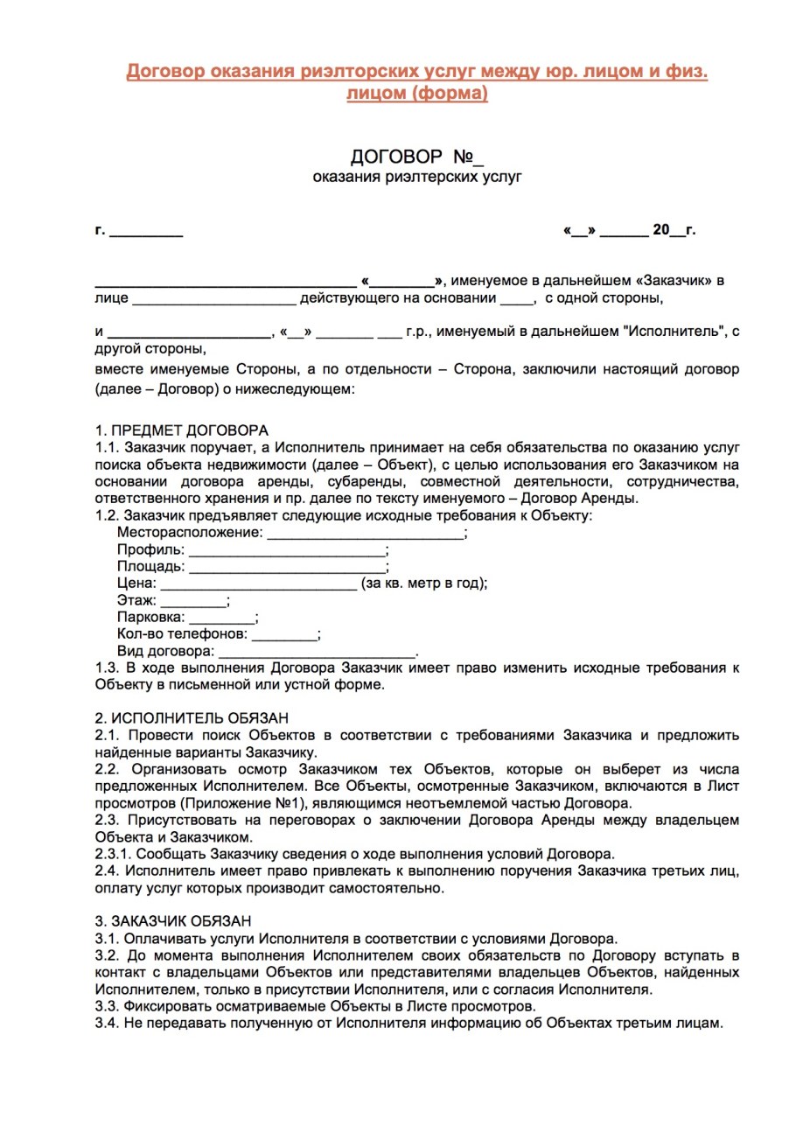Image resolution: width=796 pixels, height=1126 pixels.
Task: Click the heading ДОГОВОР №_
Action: click(x=416, y=157)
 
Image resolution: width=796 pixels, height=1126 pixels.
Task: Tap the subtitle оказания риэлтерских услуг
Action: click(x=417, y=178)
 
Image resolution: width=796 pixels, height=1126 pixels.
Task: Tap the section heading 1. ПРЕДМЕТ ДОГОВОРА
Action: click(x=182, y=430)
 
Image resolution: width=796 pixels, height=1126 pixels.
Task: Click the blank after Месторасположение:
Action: click(x=365, y=533)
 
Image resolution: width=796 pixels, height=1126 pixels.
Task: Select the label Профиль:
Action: click(x=150, y=550)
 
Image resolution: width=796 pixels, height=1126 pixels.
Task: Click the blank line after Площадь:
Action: click(x=287, y=567)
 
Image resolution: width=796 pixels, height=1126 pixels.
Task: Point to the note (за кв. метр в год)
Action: click(x=423, y=584)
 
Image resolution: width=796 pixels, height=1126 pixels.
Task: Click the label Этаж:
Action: click(x=136, y=601)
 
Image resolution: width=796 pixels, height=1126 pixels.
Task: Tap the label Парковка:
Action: click(x=150, y=618)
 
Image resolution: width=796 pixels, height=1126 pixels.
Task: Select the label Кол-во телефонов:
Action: click(x=182, y=634)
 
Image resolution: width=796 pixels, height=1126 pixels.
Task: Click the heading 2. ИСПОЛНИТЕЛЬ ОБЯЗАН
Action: click(x=192, y=718)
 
